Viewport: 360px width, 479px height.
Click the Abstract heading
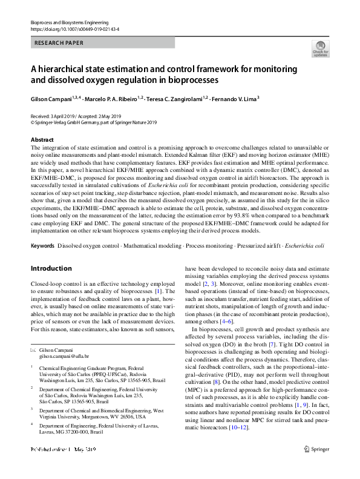click(42, 139)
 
